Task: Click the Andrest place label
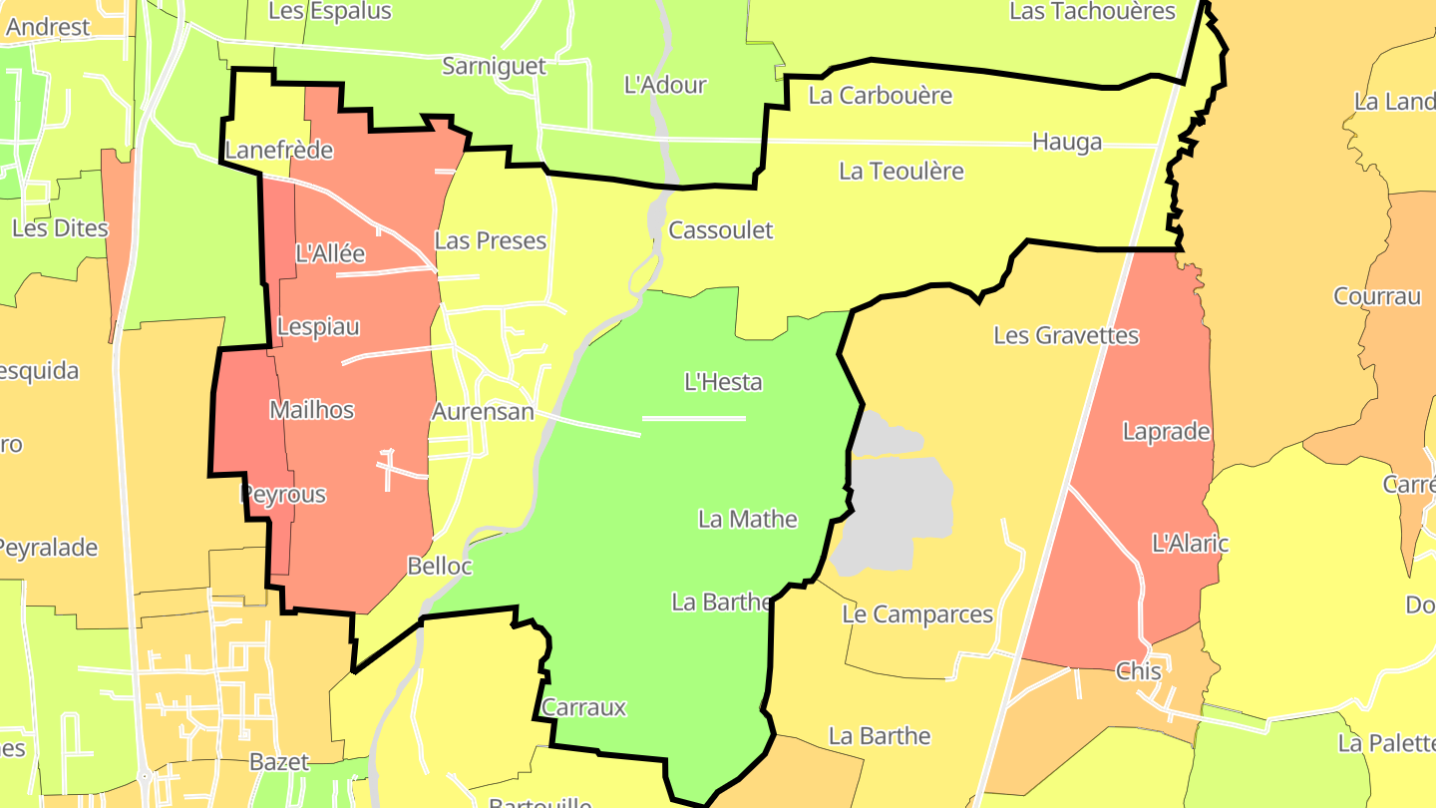[48, 27]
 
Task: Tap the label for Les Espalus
[330, 11]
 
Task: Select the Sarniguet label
[495, 66]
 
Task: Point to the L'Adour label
[665, 85]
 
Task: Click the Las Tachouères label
[1093, 11]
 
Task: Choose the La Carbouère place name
[881, 96]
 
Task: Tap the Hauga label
[1067, 142]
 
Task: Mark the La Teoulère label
[901, 171]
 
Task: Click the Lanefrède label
[279, 151]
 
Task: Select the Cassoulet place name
[721, 229]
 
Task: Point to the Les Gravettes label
[1066, 335]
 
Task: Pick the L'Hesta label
[723, 381]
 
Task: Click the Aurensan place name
[483, 411]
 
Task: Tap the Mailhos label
[312, 409]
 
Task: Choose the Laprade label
[1166, 432]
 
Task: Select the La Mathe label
[748, 519]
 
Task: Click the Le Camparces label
[917, 614]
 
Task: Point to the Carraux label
[584, 707]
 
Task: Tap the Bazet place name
[279, 762]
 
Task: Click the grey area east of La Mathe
[893, 499]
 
